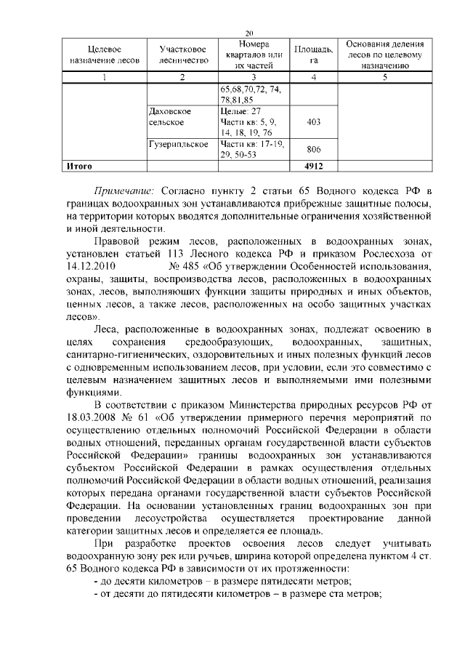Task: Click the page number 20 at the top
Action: (249, 33)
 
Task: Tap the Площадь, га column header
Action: (313, 55)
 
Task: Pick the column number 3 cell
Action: (254, 77)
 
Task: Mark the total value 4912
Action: (313, 166)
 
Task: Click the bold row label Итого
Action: (78, 166)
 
